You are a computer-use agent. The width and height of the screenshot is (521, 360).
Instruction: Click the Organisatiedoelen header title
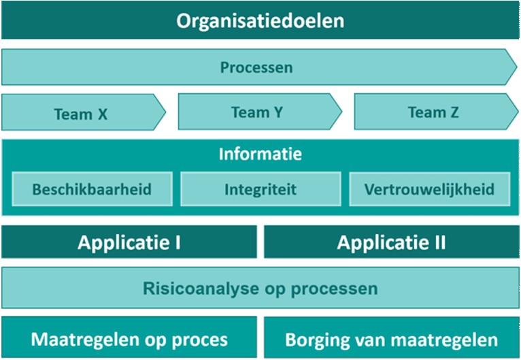(260, 20)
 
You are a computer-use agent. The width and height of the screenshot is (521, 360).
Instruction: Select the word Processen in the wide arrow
(256, 67)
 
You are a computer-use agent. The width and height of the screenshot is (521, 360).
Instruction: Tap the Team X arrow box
(81, 113)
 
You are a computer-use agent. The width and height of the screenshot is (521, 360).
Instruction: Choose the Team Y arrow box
(256, 112)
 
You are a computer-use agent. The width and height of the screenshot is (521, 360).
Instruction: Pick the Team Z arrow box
(433, 112)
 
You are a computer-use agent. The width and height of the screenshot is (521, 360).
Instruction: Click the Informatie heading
(260, 154)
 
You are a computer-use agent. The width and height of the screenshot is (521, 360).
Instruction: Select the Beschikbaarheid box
(92, 189)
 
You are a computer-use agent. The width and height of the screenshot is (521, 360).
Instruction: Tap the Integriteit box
(260, 189)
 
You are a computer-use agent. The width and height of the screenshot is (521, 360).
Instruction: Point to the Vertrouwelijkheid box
(429, 189)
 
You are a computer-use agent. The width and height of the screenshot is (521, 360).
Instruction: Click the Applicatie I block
(129, 242)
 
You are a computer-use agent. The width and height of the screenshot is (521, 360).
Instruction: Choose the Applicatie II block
(392, 242)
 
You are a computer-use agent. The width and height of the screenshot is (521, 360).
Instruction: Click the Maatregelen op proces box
(129, 339)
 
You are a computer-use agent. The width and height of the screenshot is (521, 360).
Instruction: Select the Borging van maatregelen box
(392, 339)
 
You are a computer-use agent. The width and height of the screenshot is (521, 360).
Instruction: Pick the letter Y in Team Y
(277, 112)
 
